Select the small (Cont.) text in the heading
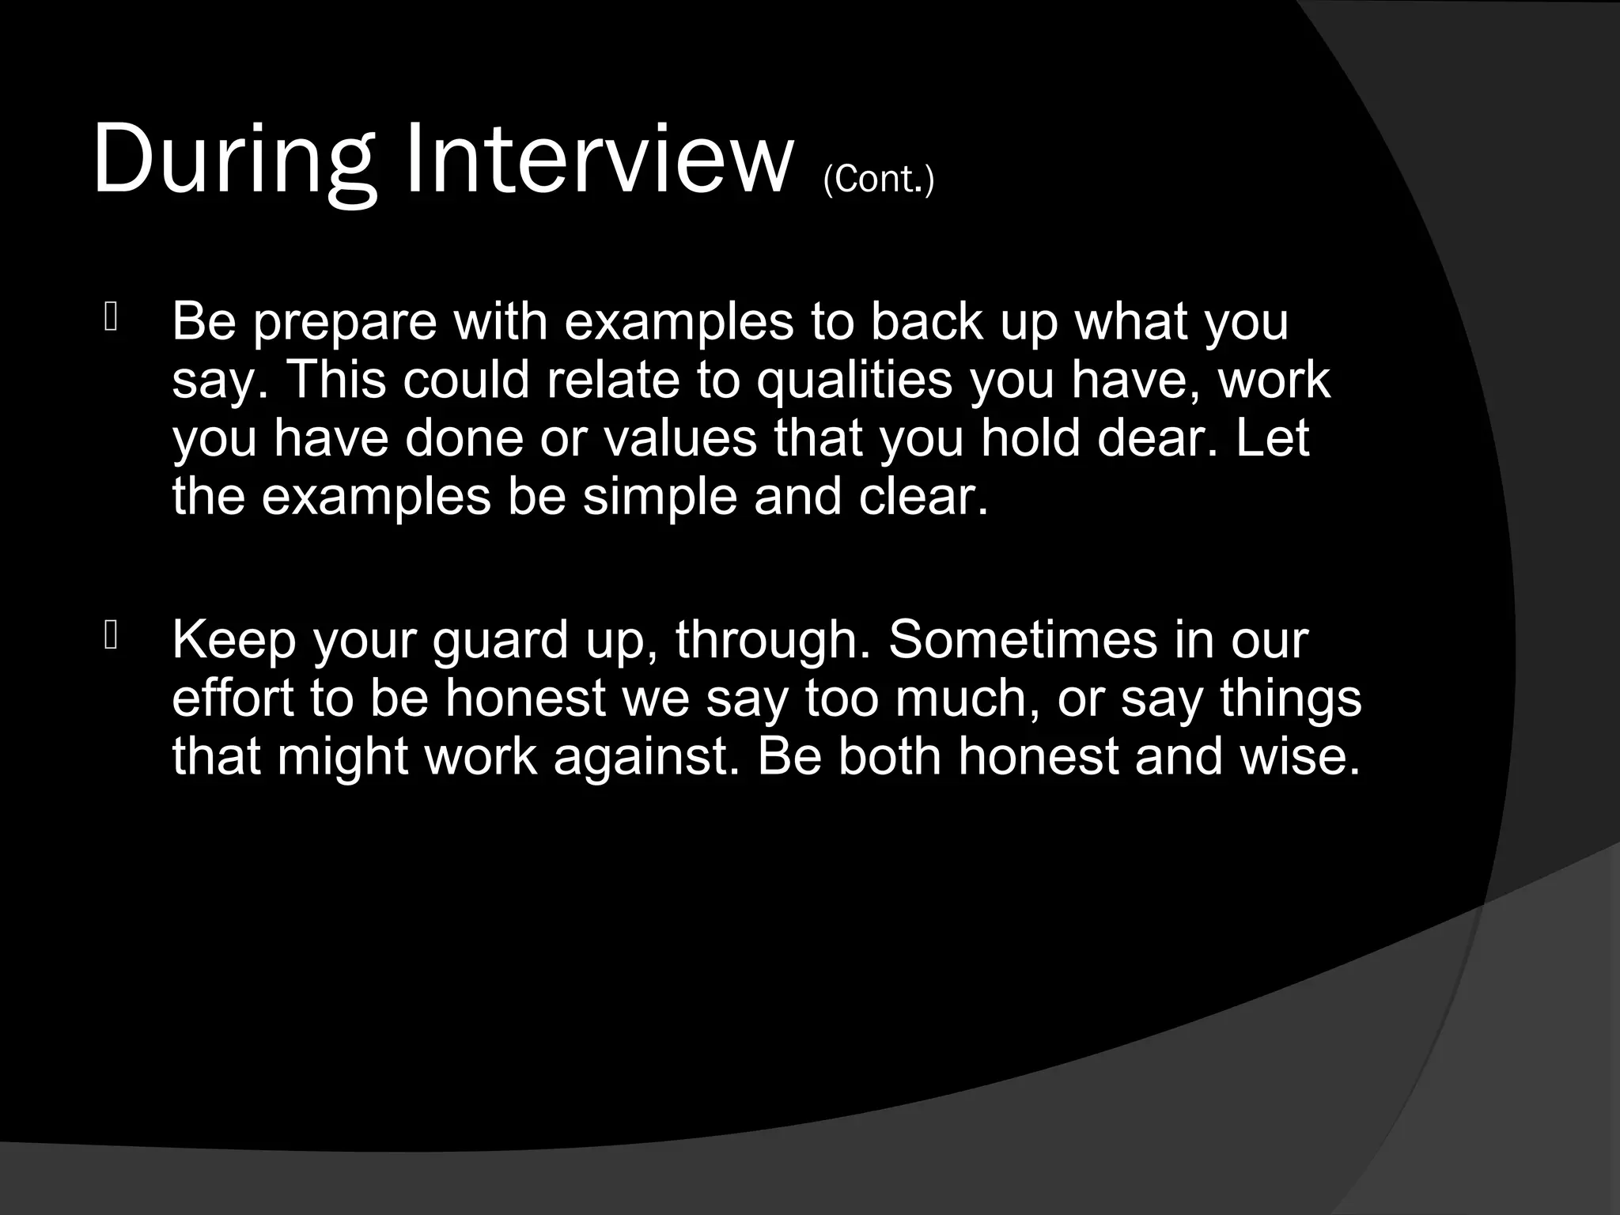[878, 180]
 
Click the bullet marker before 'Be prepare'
[110, 318]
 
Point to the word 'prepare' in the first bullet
[345, 323]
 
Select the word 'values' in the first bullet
[681, 438]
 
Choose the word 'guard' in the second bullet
[501, 640]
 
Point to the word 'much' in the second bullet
[965, 698]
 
